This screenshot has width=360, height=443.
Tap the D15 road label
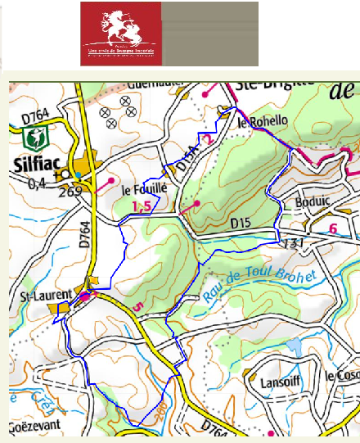click(x=240, y=222)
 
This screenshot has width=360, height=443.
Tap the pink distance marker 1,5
click(x=142, y=206)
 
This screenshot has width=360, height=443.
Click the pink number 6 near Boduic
click(x=332, y=228)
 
